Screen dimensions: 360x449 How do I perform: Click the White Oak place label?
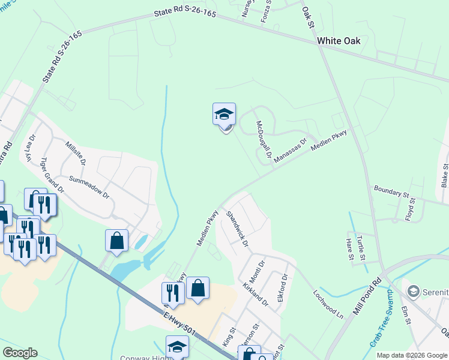(339, 41)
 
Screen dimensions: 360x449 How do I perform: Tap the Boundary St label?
(391, 192)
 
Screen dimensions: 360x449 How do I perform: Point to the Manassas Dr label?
(291, 151)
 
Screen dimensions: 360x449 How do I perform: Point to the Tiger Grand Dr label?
(52, 175)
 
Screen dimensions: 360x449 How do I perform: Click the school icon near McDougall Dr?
(224, 114)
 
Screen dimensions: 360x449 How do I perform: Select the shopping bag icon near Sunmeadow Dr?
(116, 240)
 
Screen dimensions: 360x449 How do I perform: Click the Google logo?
(20, 352)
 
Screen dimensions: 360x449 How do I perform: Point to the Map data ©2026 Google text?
(412, 355)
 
